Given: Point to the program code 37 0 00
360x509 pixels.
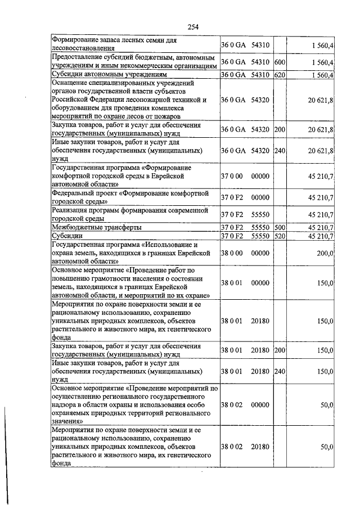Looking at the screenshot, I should [x=231, y=176].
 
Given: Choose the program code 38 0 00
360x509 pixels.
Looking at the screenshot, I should [x=231, y=254].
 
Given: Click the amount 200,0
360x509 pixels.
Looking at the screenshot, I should [x=325, y=254].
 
